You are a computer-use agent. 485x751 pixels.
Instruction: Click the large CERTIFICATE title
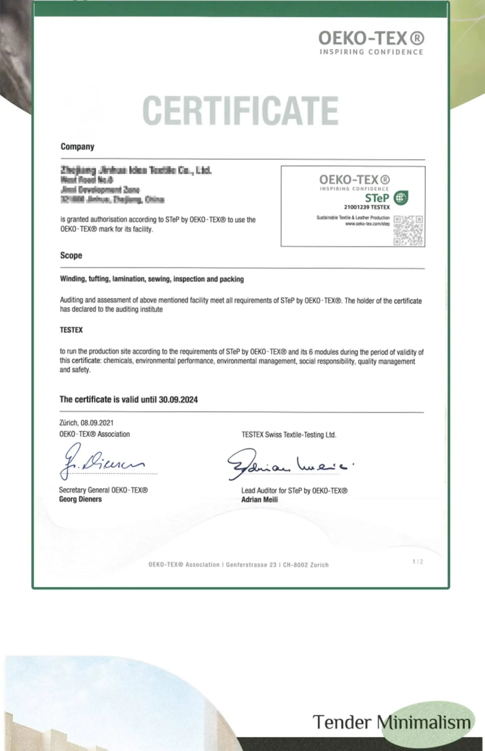click(x=240, y=110)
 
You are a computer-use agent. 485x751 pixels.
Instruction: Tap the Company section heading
click(x=77, y=147)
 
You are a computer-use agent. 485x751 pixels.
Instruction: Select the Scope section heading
click(x=71, y=256)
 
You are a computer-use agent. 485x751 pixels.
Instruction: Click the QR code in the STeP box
click(x=408, y=231)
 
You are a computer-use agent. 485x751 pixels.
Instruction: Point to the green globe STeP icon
click(x=401, y=198)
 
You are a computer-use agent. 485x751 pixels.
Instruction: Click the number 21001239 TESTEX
click(x=367, y=207)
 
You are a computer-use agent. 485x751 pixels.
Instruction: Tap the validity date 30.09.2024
click(x=178, y=400)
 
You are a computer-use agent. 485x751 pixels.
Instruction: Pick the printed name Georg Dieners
click(x=80, y=499)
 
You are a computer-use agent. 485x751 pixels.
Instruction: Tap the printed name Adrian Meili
click(x=259, y=500)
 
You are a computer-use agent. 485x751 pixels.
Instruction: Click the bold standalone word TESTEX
click(x=71, y=330)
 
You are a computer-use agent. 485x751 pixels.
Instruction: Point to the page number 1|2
click(x=418, y=562)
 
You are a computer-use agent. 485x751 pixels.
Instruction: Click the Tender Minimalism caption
click(x=392, y=722)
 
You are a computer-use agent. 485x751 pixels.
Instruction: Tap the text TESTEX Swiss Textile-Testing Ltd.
click(x=289, y=435)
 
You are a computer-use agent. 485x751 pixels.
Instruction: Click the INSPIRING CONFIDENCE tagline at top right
click(x=371, y=52)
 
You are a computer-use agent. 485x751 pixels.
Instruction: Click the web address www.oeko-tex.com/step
click(x=367, y=224)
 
